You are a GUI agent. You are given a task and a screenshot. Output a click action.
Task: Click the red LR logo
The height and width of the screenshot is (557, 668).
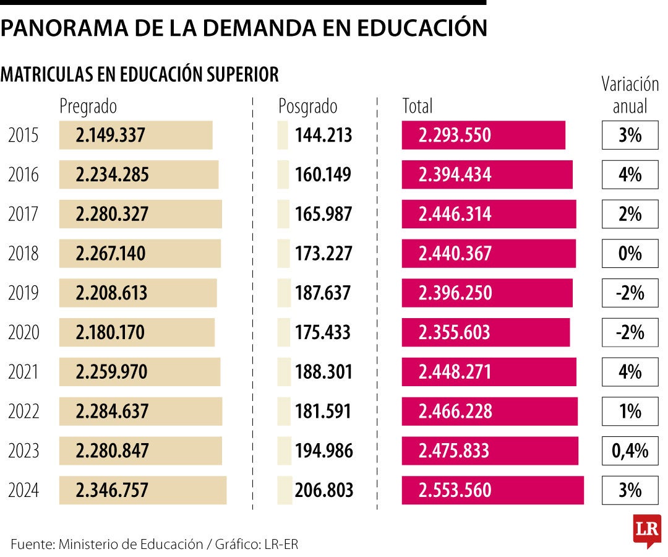pyautogui.click(x=646, y=530)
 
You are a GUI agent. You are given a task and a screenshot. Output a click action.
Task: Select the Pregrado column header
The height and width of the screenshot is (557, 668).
pyautogui.click(x=88, y=106)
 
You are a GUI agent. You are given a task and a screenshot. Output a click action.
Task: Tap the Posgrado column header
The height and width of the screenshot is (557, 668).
pyautogui.click(x=307, y=106)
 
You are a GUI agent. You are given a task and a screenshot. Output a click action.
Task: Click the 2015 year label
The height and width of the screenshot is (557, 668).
pyautogui.click(x=24, y=136)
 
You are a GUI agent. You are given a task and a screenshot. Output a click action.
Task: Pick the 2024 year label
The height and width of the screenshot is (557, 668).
pyautogui.click(x=24, y=491)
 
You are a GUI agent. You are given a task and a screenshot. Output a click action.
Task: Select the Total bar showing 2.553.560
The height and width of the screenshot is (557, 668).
pyautogui.click(x=492, y=491)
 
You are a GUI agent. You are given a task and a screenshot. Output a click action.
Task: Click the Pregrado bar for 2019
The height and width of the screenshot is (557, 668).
pyautogui.click(x=138, y=293)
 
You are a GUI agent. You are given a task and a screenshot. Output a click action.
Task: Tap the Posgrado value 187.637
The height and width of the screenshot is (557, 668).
pyautogui.click(x=323, y=293)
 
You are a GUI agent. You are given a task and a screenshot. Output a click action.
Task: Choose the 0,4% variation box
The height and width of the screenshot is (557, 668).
pyautogui.click(x=630, y=451)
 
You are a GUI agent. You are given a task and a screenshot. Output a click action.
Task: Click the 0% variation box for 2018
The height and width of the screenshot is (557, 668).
pyautogui.click(x=630, y=254)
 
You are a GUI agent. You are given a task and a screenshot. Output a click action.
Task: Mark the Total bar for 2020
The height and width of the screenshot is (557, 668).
pyautogui.click(x=486, y=333)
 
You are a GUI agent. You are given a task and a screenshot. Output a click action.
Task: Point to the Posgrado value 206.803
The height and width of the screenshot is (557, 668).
pyautogui.click(x=324, y=491)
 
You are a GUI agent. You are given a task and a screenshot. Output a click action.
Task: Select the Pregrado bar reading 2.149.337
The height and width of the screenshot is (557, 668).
pyautogui.click(x=135, y=136)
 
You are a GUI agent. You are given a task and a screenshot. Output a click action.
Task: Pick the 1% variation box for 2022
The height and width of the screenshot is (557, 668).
pyautogui.click(x=630, y=412)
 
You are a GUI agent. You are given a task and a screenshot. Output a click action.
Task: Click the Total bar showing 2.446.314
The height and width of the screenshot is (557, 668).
pyautogui.click(x=489, y=214)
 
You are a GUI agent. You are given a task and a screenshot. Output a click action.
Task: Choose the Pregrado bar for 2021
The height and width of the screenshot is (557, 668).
pyautogui.click(x=140, y=372)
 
